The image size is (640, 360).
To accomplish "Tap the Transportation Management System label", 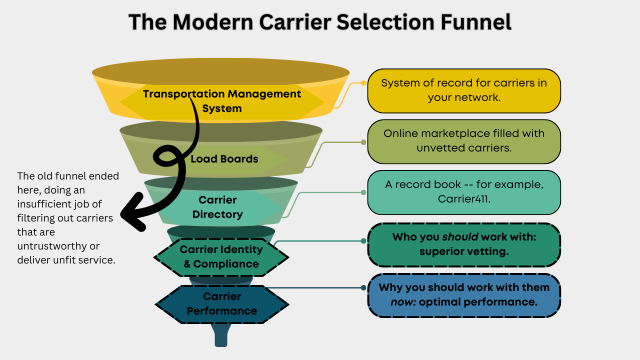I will pyautogui.click(x=222, y=101).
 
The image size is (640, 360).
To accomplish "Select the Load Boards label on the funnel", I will pyautogui.click(x=224, y=159).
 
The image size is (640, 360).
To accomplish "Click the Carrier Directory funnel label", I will pyautogui.click(x=217, y=207).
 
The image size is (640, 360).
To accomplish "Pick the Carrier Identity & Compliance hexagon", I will pyautogui.click(x=221, y=256).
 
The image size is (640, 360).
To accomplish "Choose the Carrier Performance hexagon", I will pyautogui.click(x=222, y=303).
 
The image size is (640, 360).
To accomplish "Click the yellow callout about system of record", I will pyautogui.click(x=463, y=90).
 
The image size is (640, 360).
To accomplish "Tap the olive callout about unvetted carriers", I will pyautogui.click(x=463, y=141).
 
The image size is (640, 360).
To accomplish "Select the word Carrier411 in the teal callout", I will pyautogui.click(x=463, y=198).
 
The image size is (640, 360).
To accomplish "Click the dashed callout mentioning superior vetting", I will pyautogui.click(x=463, y=244).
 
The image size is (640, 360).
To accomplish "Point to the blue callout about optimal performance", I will pyautogui.click(x=463, y=295).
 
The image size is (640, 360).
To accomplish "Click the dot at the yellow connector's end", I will pyautogui.click(x=363, y=83).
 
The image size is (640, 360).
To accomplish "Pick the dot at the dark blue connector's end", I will pyautogui.click(x=363, y=287).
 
